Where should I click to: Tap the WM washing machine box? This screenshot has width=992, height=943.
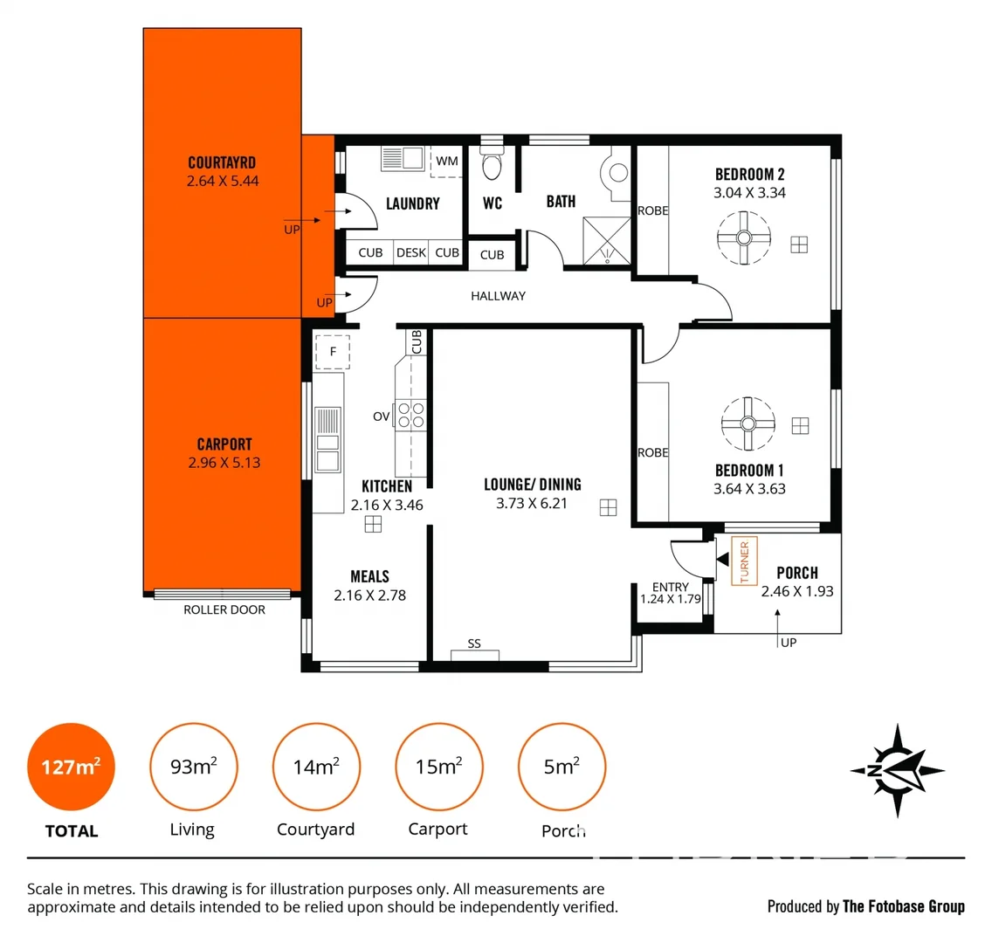click(x=446, y=162)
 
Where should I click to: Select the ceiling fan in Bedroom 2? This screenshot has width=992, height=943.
click(x=744, y=238)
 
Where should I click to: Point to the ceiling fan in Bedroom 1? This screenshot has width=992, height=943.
click(x=748, y=423)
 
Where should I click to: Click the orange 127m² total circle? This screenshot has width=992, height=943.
click(x=71, y=767)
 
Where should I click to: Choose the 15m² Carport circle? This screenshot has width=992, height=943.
click(x=438, y=767)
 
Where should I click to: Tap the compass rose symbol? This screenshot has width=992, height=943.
click(x=897, y=770)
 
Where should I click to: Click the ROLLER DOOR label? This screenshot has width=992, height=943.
click(x=224, y=610)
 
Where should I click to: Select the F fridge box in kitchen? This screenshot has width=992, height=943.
click(x=332, y=352)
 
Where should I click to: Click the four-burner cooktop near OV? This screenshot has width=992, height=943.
click(x=411, y=415)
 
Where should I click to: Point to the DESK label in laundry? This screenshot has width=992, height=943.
click(x=410, y=253)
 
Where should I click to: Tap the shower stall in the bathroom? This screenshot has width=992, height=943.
click(x=606, y=239)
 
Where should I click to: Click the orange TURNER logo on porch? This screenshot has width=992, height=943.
click(x=744, y=561)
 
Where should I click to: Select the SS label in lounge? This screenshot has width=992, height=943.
click(x=474, y=644)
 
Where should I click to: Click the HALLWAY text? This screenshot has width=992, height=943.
click(x=498, y=296)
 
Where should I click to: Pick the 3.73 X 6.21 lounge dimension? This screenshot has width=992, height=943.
click(x=532, y=504)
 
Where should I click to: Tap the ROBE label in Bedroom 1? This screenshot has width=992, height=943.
click(x=652, y=452)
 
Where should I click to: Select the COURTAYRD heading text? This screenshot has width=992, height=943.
click(x=222, y=163)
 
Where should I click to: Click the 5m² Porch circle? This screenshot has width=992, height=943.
click(x=561, y=767)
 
